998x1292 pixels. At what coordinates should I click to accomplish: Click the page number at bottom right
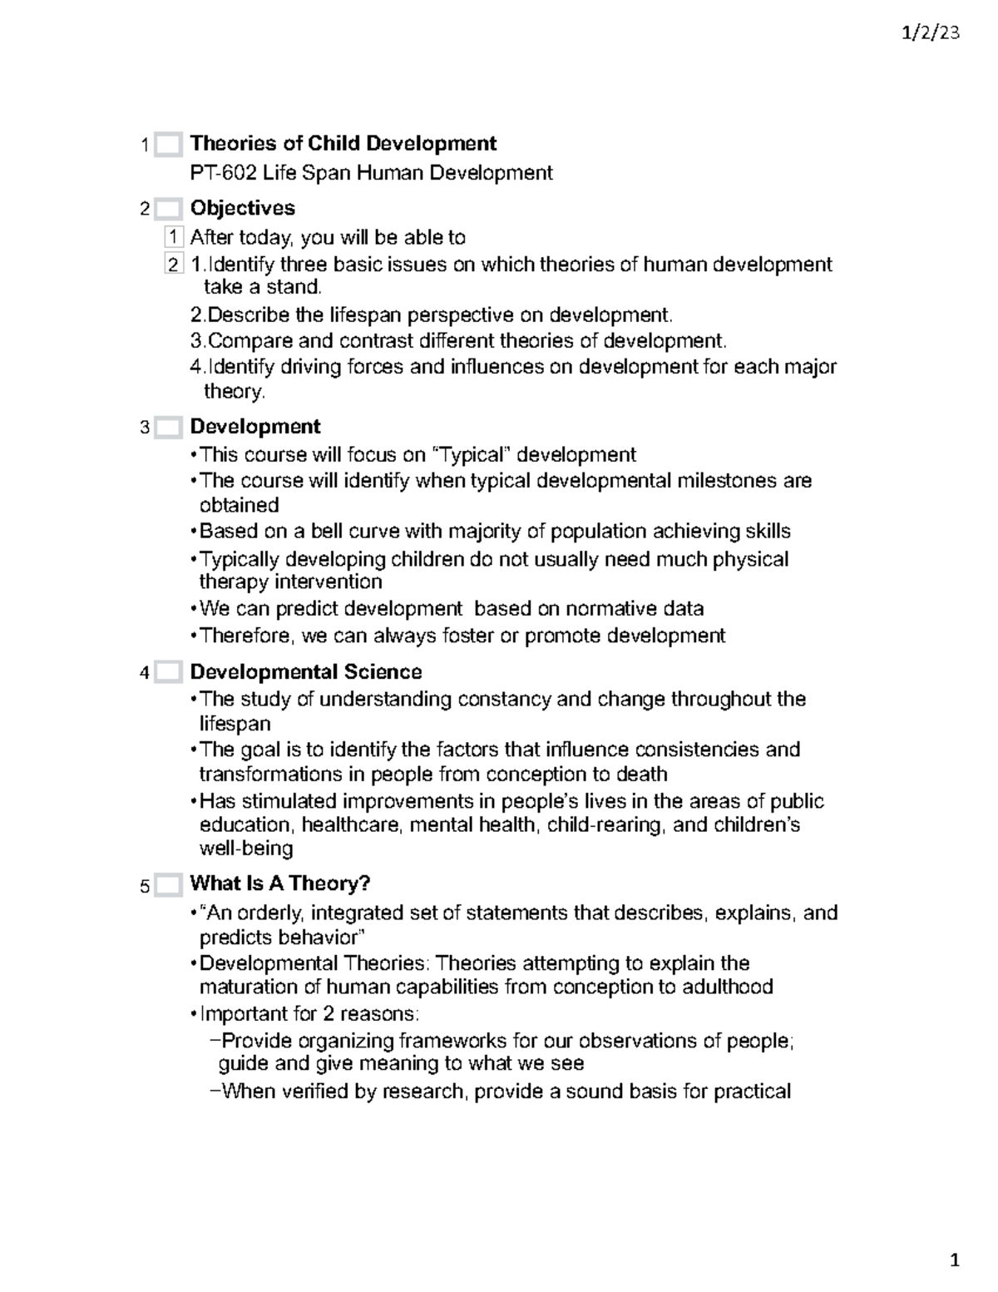click(955, 1260)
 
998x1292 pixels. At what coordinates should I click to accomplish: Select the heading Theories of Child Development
click(343, 143)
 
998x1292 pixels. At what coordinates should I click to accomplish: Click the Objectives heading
click(242, 208)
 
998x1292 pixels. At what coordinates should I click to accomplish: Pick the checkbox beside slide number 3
click(168, 428)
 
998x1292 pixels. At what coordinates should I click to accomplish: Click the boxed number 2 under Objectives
click(173, 265)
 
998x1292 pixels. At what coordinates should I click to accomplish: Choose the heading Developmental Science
click(305, 672)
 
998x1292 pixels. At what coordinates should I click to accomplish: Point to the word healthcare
click(354, 825)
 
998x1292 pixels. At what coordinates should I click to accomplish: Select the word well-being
click(246, 849)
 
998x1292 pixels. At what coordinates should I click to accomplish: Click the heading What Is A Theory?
click(279, 884)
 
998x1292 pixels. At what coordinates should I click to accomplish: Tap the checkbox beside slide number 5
click(168, 885)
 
